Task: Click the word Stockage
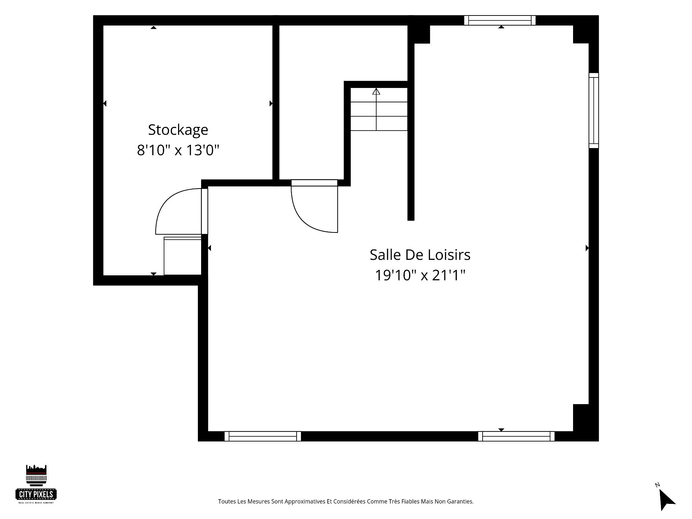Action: tap(178, 130)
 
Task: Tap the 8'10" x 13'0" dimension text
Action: tap(178, 150)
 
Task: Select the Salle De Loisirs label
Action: tap(420, 255)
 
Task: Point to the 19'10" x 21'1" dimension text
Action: tap(420, 275)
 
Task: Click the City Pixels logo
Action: tap(36, 484)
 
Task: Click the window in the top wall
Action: tap(500, 20)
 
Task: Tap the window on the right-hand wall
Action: tap(594, 110)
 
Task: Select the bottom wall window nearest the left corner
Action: tap(263, 436)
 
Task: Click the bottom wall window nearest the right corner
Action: tap(516, 436)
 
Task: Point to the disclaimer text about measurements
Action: tap(346, 501)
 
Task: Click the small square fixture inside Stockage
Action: tap(183, 256)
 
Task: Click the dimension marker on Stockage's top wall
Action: tap(154, 27)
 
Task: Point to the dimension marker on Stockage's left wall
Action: tap(105, 103)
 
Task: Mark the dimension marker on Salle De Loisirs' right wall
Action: tap(587, 248)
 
